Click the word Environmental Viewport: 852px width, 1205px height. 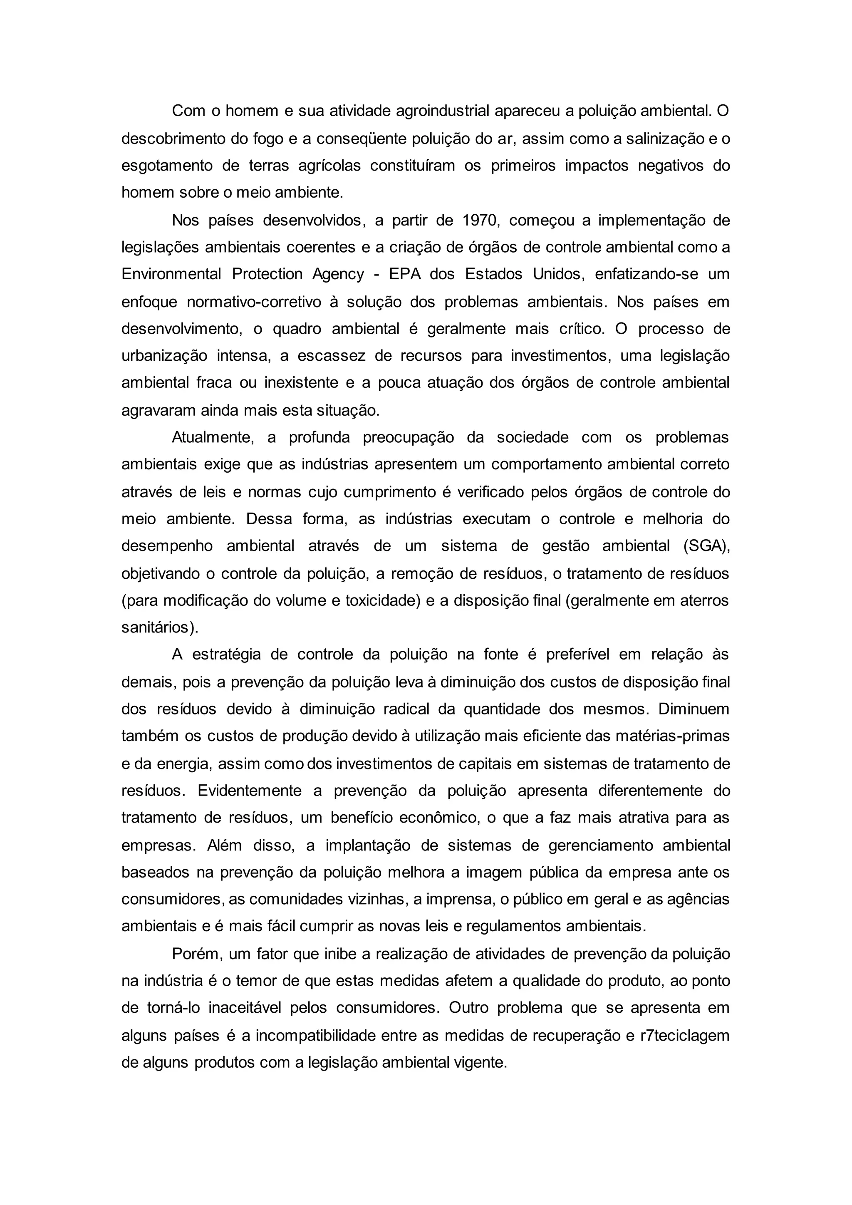[171, 274]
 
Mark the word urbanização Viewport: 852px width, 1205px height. [164, 356]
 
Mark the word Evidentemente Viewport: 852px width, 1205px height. [249, 791]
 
